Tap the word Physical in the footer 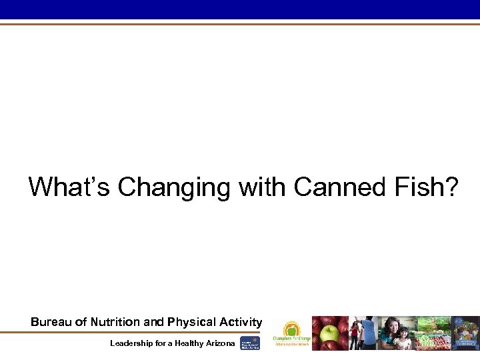(x=193, y=322)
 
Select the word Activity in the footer (x=241, y=322)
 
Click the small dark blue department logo (x=250, y=343)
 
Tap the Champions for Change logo (x=291, y=333)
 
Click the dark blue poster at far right (x=466, y=333)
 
